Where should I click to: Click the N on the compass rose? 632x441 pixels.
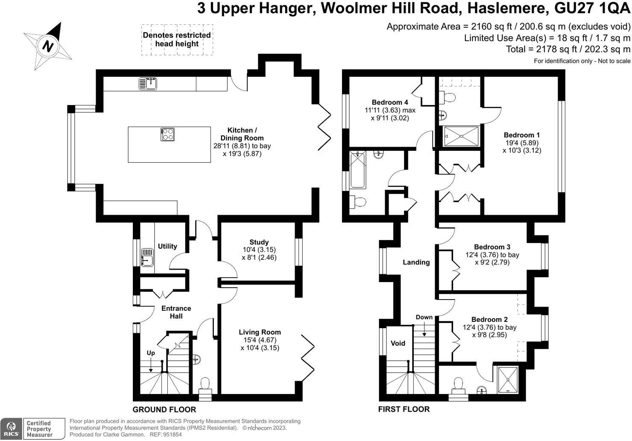48,46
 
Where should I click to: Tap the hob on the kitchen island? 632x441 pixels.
167,134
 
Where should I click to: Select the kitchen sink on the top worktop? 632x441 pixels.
148,84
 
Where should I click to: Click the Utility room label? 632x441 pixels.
167,246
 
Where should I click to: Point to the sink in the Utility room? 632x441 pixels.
147,257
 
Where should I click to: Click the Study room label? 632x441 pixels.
259,242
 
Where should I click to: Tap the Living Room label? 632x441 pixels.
260,332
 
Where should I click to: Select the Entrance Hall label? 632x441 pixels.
176,312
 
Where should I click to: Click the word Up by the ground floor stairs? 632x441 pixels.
151,353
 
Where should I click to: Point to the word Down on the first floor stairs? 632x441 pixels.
424,318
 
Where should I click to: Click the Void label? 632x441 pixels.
398,343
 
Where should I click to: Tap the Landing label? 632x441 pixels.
416,262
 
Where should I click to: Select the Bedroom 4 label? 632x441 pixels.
390,102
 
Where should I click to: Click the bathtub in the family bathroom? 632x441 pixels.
357,170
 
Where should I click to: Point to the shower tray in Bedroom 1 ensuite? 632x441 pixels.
462,136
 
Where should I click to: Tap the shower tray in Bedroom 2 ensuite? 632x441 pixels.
508,380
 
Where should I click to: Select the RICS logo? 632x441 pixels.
11,429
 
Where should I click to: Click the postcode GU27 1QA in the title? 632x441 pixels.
592,8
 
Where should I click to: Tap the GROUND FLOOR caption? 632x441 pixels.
164,409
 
